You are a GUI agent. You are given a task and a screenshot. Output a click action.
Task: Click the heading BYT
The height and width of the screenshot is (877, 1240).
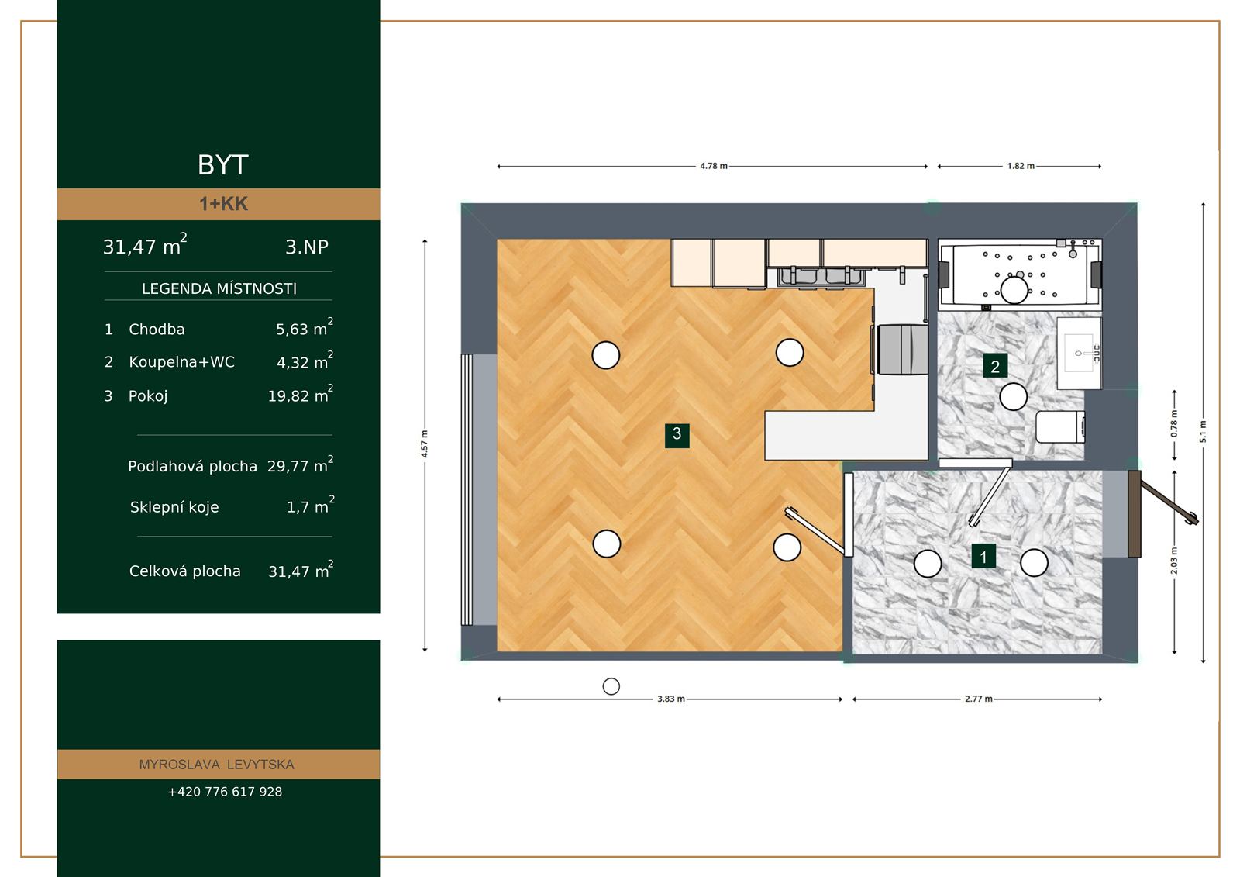pos(223,164)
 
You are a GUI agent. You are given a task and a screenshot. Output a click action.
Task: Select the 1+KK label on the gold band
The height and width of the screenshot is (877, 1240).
pos(223,204)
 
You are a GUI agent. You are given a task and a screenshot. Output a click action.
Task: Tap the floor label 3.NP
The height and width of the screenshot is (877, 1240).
pos(307,247)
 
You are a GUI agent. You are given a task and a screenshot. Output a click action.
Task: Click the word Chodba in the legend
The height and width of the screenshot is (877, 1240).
pos(157,329)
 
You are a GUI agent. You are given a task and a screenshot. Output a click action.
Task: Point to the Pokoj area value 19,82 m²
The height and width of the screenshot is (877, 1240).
pos(301,394)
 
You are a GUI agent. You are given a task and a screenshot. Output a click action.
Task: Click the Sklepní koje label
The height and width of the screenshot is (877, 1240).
pos(174,507)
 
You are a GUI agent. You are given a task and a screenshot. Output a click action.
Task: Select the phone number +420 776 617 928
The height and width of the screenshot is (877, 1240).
pos(225,792)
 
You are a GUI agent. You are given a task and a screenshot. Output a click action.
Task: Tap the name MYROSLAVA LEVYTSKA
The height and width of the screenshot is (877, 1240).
pos(216,765)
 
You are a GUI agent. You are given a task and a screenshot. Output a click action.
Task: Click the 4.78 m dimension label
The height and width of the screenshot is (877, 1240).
pos(714,166)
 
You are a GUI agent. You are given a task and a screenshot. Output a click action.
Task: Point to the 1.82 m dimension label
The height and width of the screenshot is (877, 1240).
pos(1021,166)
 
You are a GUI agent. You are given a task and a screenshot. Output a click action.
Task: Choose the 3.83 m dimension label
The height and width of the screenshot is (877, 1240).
pos(671,699)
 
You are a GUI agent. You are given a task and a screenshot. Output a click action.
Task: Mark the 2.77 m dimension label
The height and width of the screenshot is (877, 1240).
pos(979,699)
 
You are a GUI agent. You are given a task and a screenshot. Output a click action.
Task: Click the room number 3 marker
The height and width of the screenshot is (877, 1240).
pos(677,435)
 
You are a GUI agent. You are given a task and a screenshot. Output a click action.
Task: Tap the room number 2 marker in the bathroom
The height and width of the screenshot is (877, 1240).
pos(995,366)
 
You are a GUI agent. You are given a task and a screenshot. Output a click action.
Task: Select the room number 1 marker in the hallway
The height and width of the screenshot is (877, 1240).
pos(983,556)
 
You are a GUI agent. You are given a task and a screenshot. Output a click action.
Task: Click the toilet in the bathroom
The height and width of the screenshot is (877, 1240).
pos(1059,426)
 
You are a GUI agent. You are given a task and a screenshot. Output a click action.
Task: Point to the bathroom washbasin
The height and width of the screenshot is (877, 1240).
pos(1079,353)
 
